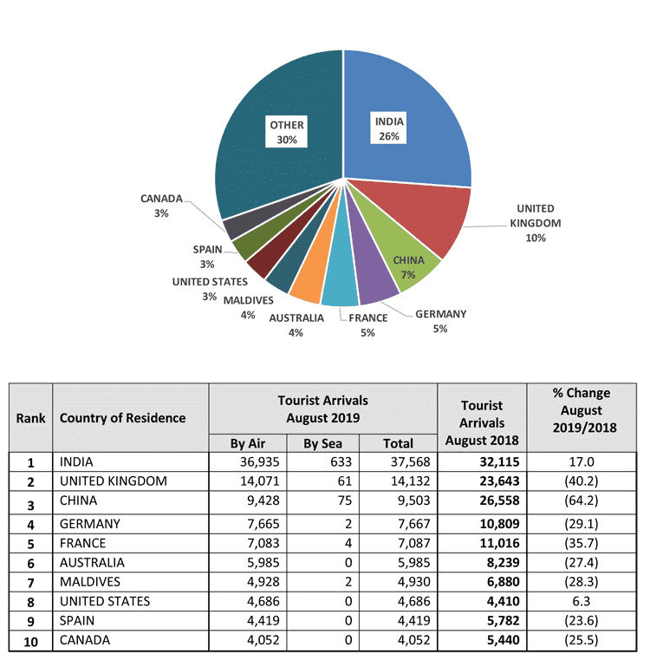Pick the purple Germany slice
point(374,277)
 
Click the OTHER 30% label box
point(287,132)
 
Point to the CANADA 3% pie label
point(161,206)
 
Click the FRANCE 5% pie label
point(368,325)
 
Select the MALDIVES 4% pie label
point(248,308)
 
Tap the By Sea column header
point(322,444)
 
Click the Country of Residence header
point(122,418)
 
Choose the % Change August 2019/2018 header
point(582,410)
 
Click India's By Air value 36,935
point(260,462)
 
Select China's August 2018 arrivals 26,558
point(499,500)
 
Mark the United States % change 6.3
point(582,601)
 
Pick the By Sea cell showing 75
point(345,500)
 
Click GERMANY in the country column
point(89,524)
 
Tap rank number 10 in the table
point(30,642)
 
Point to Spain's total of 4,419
point(414,621)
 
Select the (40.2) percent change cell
point(582,481)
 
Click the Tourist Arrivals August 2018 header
point(482,423)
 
